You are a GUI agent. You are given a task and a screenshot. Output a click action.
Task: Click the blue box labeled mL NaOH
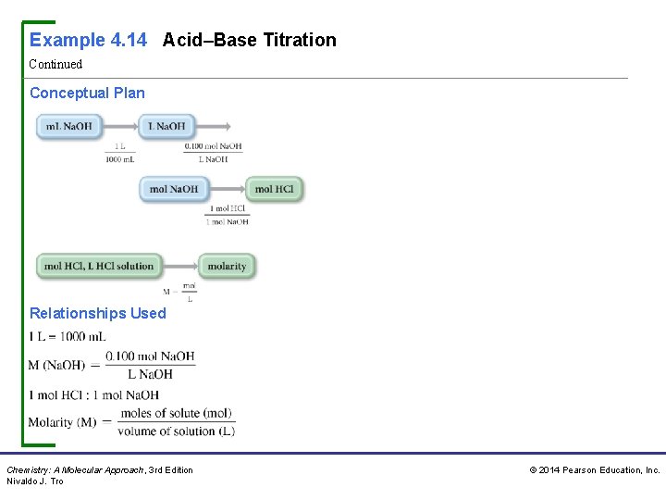69,126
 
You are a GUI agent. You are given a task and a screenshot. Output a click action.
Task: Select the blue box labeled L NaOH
166,126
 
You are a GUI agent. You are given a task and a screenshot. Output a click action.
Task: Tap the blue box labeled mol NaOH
173,189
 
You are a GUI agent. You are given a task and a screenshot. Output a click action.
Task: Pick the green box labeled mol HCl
274,189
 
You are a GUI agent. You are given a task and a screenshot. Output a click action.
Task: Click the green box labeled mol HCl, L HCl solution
98,266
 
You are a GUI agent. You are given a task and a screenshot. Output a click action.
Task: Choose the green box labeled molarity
227,266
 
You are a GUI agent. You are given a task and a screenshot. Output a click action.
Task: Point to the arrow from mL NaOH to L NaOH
120,126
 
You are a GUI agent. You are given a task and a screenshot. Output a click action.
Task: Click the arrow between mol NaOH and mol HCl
226,189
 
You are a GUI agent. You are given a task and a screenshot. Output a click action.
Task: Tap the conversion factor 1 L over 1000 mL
120,153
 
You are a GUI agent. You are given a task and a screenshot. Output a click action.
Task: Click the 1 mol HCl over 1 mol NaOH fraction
228,215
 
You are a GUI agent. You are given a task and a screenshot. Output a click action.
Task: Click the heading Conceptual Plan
87,93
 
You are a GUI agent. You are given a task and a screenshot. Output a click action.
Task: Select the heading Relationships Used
98,313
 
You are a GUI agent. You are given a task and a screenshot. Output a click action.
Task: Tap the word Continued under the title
55,64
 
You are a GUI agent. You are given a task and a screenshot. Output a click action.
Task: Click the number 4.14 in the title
128,40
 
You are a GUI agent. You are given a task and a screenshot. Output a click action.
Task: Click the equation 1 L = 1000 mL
67,336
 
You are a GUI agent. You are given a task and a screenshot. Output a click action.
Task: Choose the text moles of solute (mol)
176,413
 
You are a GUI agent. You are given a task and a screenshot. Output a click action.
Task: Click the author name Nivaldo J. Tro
35,481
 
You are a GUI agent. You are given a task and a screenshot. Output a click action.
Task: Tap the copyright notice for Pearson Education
594,470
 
